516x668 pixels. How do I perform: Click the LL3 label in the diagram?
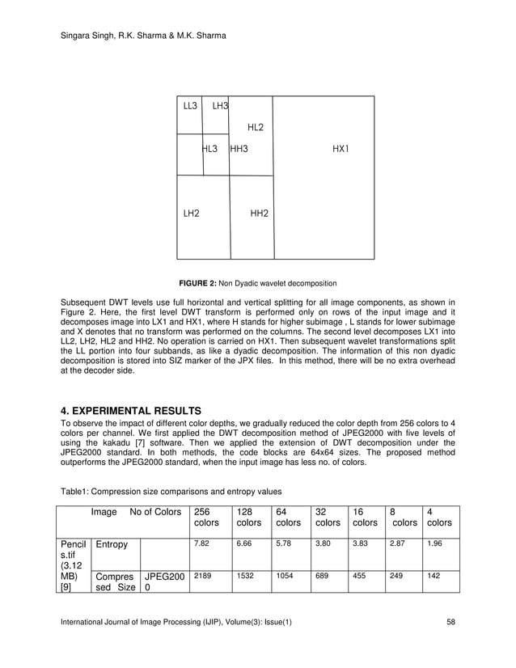[x=190, y=106]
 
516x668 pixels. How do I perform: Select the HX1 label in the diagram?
[x=340, y=149]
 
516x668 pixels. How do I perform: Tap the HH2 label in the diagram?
[x=260, y=214]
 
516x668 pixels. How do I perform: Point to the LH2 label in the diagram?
[x=191, y=214]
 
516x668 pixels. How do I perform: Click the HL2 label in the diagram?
[x=255, y=127]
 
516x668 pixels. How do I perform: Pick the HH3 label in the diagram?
[x=239, y=149]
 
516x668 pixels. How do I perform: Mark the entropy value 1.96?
[x=434, y=544]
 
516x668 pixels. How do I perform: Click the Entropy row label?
[x=112, y=545]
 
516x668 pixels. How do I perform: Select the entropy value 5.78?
[x=282, y=544]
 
